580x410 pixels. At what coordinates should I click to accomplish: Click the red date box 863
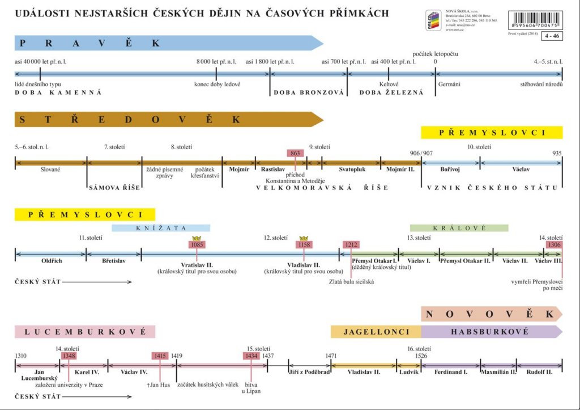click(x=295, y=153)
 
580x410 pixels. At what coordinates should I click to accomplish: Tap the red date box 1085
click(x=197, y=245)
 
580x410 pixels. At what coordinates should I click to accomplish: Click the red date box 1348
click(x=69, y=356)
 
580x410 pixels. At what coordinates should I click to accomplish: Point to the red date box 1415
click(x=160, y=356)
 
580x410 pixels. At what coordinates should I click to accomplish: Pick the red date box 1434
click(x=251, y=356)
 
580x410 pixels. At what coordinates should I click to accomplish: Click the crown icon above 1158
click(x=304, y=238)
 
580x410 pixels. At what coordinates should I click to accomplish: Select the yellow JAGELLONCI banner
click(x=376, y=332)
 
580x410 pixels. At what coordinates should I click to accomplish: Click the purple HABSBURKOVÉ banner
click(x=491, y=332)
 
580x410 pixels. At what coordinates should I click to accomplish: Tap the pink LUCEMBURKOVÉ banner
click(x=85, y=332)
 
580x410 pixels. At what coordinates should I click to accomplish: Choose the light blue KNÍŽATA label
click(x=161, y=228)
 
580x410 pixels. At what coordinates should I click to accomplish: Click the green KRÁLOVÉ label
click(x=459, y=228)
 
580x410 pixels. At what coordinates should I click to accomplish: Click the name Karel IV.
click(x=87, y=373)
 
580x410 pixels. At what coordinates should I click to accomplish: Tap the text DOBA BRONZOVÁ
click(x=309, y=92)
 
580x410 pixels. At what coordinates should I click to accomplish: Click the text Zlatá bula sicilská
click(x=351, y=281)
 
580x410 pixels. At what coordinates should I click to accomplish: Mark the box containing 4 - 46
click(x=551, y=36)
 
